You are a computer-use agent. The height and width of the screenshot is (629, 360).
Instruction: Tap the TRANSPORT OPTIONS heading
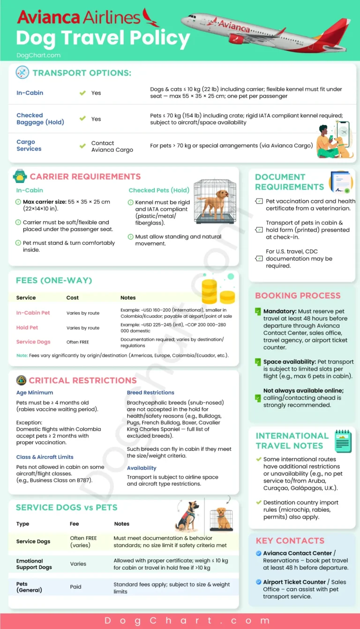[82, 73]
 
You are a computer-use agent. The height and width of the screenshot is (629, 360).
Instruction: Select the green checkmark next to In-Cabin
[82, 93]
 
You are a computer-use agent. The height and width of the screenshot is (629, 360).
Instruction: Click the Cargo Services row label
[29, 145]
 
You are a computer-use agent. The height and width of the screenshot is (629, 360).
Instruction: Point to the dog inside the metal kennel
[216, 202]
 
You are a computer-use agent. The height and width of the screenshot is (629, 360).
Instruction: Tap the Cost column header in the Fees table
[73, 298]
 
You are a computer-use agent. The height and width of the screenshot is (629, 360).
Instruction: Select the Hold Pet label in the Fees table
[27, 328]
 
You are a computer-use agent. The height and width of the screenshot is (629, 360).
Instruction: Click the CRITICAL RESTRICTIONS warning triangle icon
[21, 380]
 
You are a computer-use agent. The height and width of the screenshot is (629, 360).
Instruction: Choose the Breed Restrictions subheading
[150, 393]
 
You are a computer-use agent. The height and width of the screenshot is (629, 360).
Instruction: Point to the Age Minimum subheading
[35, 393]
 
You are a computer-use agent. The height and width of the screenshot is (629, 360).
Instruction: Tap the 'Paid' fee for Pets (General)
[75, 587]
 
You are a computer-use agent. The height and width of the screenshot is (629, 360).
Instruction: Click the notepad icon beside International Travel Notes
[343, 441]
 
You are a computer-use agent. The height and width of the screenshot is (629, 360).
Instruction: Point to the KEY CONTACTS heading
[290, 541]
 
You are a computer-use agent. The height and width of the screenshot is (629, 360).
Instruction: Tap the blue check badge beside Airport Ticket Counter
[259, 582]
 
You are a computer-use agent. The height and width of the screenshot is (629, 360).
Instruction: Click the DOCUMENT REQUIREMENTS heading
[289, 182]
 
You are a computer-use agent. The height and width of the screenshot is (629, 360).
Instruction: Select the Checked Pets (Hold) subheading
[159, 190]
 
